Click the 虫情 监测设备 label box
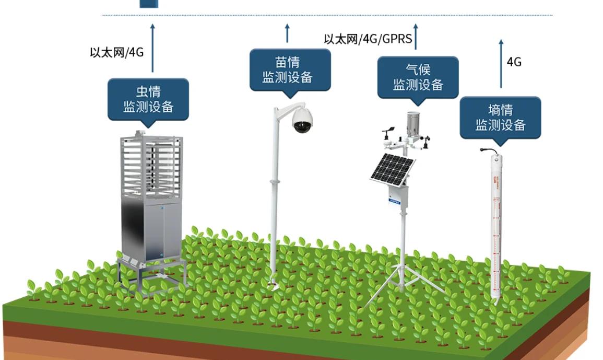[148, 99]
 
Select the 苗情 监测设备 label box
[290, 70]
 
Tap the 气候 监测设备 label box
[418, 77]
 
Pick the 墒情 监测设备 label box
[500, 118]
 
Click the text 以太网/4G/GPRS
[368, 39]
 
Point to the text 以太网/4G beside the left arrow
[116, 52]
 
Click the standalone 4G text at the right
[514, 62]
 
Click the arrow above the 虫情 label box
[152, 48]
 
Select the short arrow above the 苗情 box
[287, 33]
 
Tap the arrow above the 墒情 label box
[501, 63]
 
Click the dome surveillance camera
[302, 121]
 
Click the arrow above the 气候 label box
[416, 37]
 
